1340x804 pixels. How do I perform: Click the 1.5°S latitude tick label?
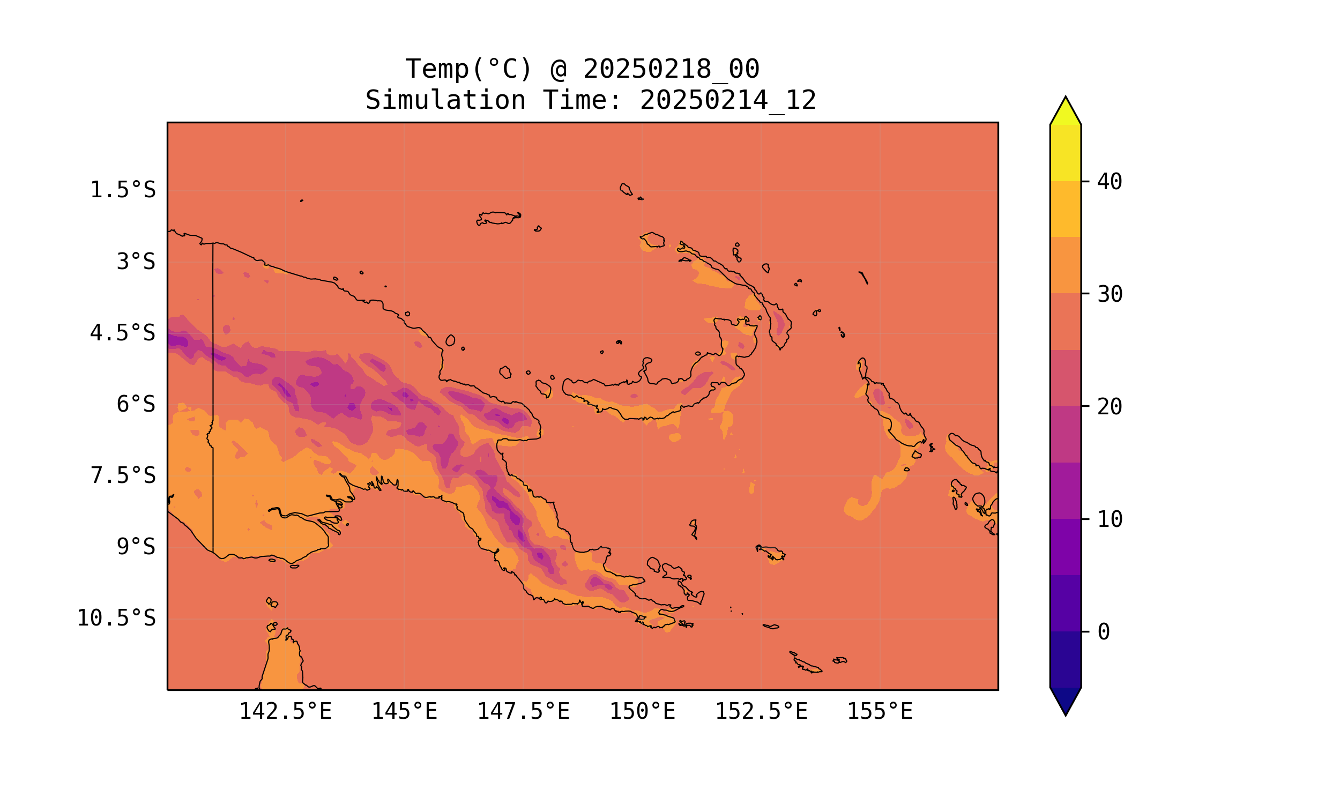122,190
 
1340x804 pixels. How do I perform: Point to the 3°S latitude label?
136,262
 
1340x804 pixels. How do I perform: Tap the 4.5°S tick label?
122,333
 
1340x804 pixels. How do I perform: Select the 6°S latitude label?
136,404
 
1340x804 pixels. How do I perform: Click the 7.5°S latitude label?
122,475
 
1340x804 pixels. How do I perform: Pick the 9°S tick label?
136,547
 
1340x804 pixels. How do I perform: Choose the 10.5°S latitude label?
116,618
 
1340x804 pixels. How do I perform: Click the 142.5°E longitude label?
285,711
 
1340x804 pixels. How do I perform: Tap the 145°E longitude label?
404,711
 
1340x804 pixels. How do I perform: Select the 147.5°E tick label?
523,711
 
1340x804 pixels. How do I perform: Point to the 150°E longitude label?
642,711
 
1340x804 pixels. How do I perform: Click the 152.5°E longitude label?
761,711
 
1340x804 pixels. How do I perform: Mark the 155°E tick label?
880,711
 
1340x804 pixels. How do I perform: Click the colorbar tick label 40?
1110,182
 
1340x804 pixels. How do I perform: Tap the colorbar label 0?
1103,632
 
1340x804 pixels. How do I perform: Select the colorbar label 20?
1110,407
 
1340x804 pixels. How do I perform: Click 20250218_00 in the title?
671,69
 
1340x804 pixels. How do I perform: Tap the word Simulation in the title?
445,101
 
